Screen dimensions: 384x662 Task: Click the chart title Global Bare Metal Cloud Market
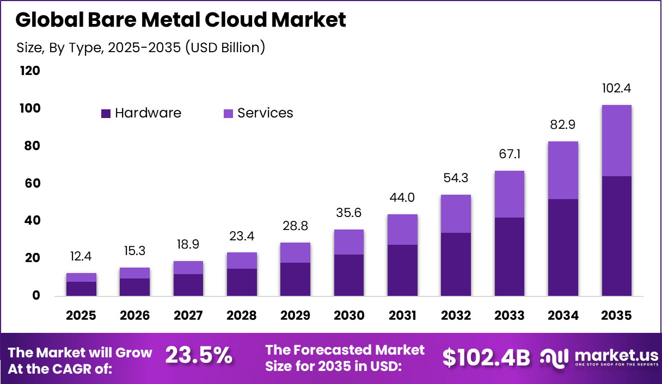(x=180, y=20)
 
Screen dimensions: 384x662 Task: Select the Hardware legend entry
(x=141, y=113)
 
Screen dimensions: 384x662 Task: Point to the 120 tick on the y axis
(x=30, y=71)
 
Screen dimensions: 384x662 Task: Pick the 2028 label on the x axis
(x=242, y=315)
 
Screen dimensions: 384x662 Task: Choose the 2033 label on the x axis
(x=509, y=315)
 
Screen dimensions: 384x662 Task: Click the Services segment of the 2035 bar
(x=616, y=140)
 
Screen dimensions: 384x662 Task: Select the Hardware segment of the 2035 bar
(x=616, y=236)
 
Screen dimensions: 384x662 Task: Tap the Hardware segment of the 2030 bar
(x=349, y=275)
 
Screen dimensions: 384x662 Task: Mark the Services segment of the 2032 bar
(x=456, y=213)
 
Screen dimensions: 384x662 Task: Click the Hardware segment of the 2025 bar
(x=81, y=288)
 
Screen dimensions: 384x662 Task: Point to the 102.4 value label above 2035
(x=616, y=89)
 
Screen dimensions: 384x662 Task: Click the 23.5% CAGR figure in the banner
(x=199, y=356)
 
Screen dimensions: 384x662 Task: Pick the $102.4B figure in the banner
(x=486, y=357)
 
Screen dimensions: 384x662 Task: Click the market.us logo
(x=598, y=357)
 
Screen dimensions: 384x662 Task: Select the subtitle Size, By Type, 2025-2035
(x=140, y=47)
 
